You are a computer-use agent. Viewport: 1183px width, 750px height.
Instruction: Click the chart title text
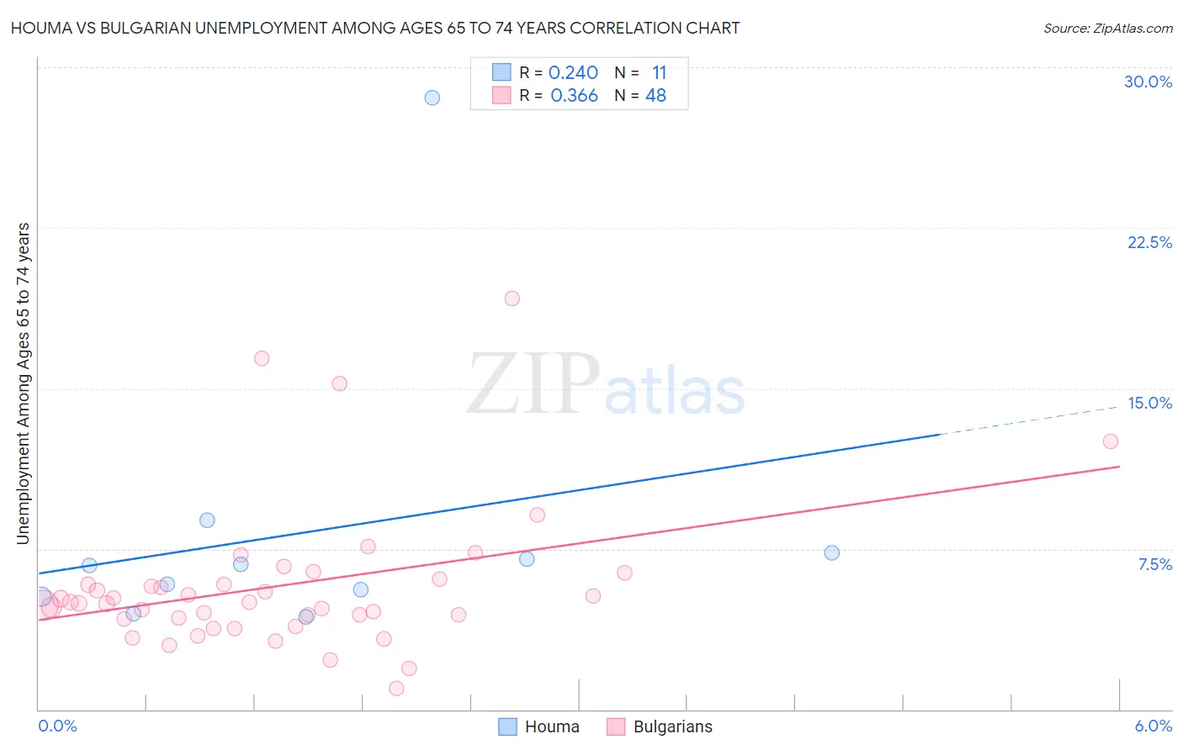375,28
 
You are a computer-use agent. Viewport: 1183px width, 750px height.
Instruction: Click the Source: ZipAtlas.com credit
1107,29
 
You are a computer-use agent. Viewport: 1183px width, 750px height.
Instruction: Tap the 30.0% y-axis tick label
1148,82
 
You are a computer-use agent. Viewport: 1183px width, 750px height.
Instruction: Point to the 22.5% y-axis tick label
1149,242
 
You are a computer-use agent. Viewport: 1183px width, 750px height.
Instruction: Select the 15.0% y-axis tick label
1149,403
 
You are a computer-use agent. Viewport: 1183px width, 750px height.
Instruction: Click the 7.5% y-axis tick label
1154,564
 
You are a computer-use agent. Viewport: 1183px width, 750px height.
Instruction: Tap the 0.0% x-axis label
57,726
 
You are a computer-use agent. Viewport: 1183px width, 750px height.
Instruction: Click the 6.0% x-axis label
1153,726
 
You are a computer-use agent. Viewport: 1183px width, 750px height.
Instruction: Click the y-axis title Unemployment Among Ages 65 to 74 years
24,383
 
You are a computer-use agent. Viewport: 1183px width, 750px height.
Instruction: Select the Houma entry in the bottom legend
538,726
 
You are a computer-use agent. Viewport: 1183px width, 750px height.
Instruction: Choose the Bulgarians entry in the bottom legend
660,726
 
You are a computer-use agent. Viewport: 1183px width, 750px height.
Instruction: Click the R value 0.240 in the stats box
573,73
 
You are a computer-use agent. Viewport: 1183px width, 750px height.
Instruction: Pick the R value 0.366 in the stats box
574,96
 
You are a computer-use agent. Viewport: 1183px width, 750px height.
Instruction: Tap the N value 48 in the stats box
655,96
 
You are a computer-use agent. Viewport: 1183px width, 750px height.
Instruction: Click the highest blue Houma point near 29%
432,98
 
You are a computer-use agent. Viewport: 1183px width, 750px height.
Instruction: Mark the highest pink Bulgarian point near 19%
512,298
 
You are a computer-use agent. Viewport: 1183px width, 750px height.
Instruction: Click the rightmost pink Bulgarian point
1110,441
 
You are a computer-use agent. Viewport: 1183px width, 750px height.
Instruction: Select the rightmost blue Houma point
831,552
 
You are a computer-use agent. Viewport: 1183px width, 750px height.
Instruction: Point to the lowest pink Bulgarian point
396,689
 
